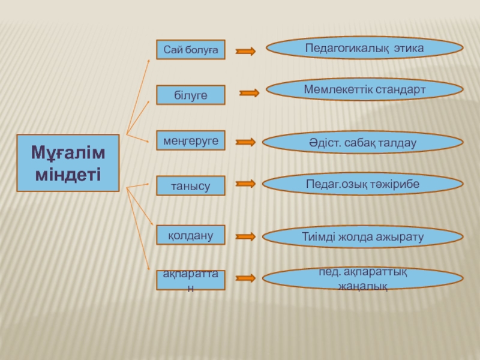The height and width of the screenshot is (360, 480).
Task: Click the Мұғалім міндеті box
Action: click(x=68, y=163)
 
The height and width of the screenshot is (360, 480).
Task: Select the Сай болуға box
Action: click(x=191, y=50)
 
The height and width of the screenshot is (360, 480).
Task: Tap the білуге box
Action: click(x=191, y=95)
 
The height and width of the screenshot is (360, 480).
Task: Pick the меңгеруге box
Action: click(x=191, y=140)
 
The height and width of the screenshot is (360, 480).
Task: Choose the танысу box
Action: click(x=191, y=186)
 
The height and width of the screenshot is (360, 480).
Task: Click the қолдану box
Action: click(x=191, y=235)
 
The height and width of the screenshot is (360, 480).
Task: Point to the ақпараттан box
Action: click(x=191, y=280)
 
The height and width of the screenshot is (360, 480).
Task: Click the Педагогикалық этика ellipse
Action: click(x=364, y=47)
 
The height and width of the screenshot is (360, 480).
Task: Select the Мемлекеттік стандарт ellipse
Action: click(x=364, y=89)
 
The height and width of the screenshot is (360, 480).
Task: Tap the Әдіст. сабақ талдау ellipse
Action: click(x=364, y=142)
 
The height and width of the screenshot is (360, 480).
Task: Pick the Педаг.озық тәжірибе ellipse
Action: click(x=364, y=184)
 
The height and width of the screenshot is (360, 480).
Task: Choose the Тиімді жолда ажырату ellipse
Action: click(x=363, y=236)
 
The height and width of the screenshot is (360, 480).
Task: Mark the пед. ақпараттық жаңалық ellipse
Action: click(x=363, y=278)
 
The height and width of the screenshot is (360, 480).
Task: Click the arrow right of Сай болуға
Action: click(x=245, y=52)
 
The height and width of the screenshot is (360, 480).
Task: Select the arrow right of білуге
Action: click(x=249, y=93)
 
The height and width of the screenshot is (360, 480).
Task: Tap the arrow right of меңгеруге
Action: click(x=245, y=142)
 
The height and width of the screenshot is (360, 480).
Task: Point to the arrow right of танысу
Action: click(x=245, y=184)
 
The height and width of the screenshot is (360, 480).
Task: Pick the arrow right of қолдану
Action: click(x=245, y=236)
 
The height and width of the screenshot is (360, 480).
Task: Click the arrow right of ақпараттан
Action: click(x=245, y=278)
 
